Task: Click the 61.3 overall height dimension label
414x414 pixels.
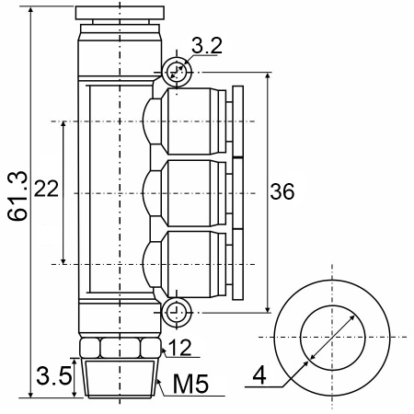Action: click(x=18, y=196)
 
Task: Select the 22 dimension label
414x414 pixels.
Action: click(x=46, y=188)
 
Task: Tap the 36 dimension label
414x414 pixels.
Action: click(x=282, y=191)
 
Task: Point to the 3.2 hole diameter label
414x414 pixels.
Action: click(x=207, y=46)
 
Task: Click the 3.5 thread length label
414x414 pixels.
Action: click(x=54, y=375)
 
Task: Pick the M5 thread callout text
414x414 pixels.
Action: click(x=190, y=384)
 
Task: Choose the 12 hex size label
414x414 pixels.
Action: click(x=179, y=348)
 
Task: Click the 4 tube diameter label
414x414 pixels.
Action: click(x=259, y=374)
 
